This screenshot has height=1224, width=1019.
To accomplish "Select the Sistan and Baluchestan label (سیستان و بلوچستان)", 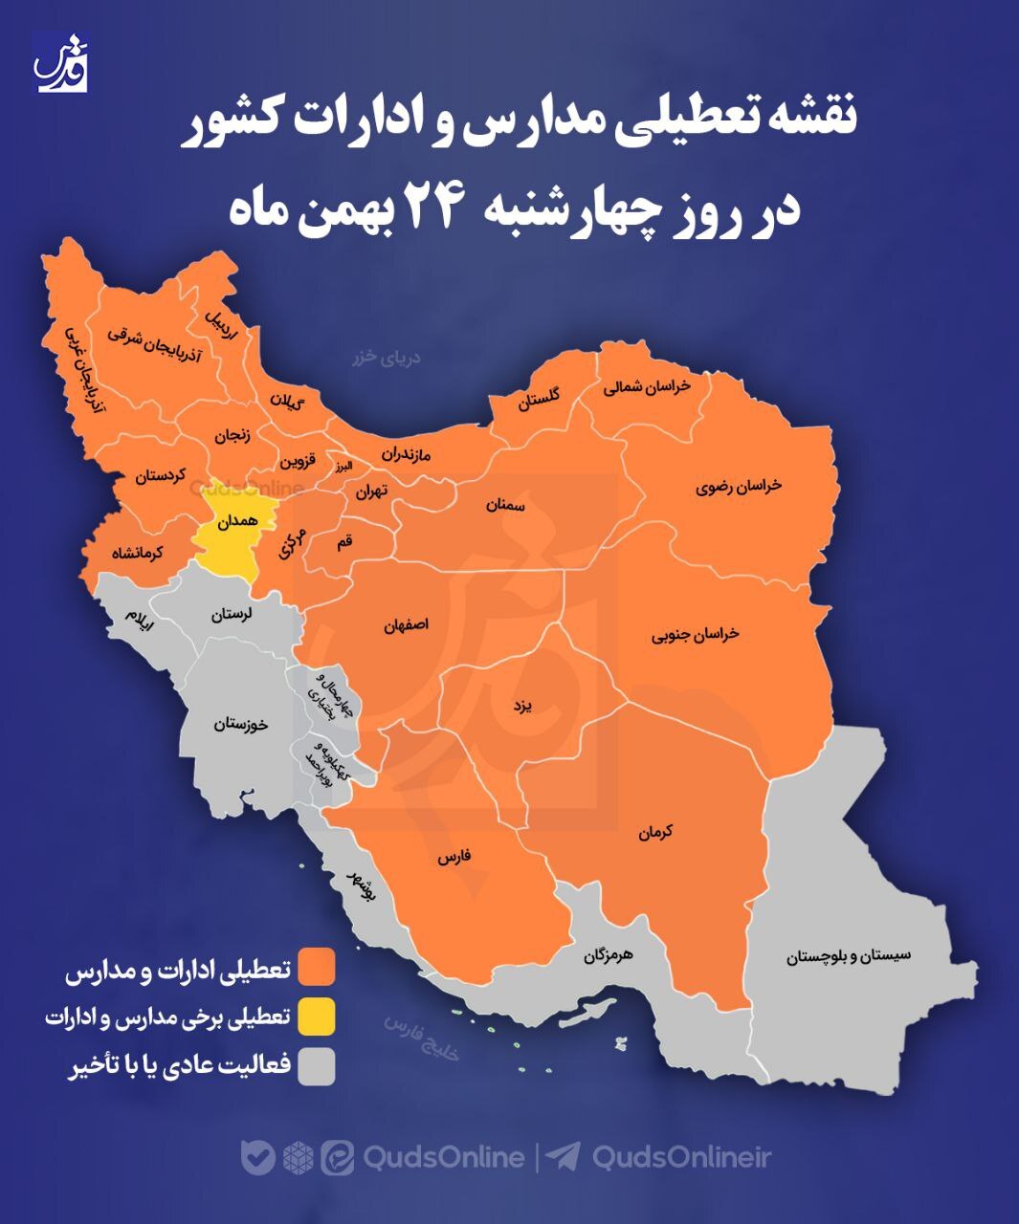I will point(848,954).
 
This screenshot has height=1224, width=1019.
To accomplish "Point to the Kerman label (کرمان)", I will point(656,833).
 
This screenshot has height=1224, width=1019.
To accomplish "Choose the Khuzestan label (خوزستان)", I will point(241,724).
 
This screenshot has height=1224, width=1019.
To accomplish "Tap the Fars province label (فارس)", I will point(454,857).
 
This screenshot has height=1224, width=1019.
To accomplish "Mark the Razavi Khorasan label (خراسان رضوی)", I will point(739,486).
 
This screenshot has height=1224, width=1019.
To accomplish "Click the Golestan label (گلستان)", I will point(540,398).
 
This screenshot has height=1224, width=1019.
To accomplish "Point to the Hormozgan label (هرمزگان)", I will point(609,954).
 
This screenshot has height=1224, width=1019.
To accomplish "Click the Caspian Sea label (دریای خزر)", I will point(387,359).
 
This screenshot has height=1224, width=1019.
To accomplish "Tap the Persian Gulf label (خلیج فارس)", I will point(422,1038).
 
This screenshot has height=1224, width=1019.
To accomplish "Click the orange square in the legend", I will point(316,966).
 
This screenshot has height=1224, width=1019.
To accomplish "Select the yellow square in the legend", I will point(316,1016).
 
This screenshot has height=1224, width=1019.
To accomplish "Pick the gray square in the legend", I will point(316,1066).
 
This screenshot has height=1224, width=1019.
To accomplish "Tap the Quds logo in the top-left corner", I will point(62,62).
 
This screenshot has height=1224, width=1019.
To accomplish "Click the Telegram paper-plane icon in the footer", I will point(564,1157).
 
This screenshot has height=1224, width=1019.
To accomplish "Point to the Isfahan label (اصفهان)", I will point(406,624).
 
